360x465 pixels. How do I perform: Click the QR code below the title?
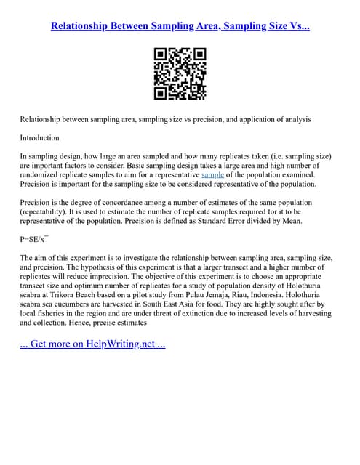coord(180,73)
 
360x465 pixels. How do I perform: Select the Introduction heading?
coord(40,137)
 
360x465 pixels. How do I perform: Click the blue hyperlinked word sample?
coord(212,175)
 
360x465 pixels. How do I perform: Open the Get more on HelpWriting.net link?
coord(92,344)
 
